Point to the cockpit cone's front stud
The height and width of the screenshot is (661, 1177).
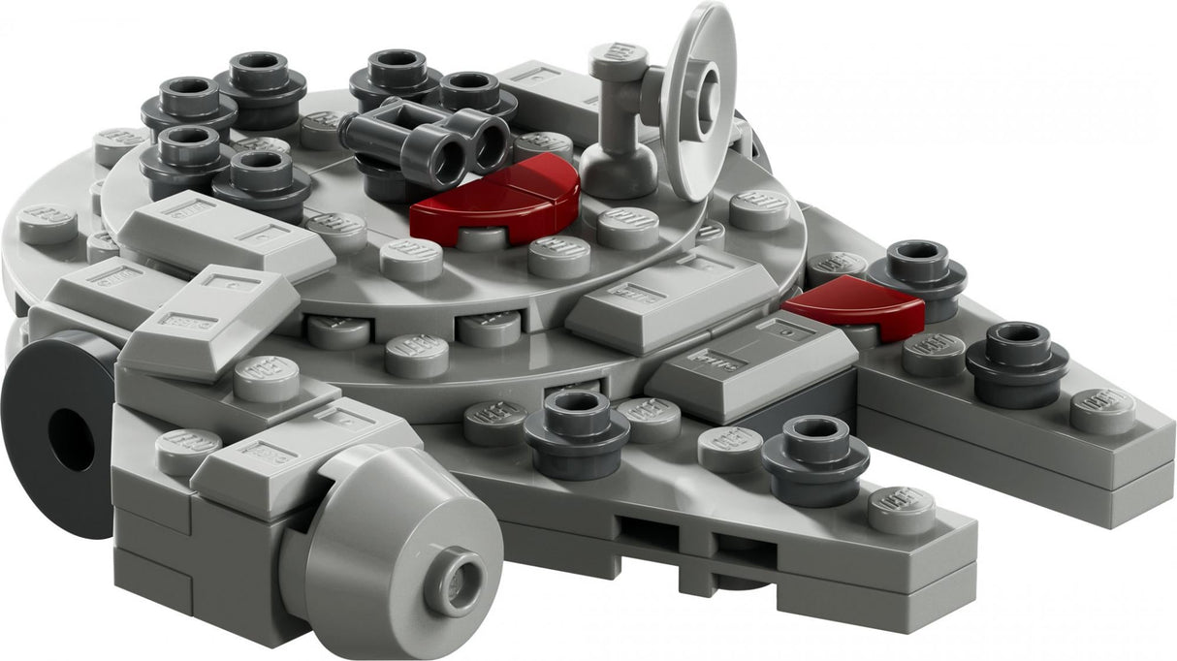point(454,581)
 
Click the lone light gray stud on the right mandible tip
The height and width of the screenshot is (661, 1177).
point(1102,410)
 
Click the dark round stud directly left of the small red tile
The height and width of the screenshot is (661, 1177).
point(916,267)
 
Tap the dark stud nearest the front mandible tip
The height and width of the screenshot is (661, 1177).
point(814,448)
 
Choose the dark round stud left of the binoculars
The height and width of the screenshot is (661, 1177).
point(262,179)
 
